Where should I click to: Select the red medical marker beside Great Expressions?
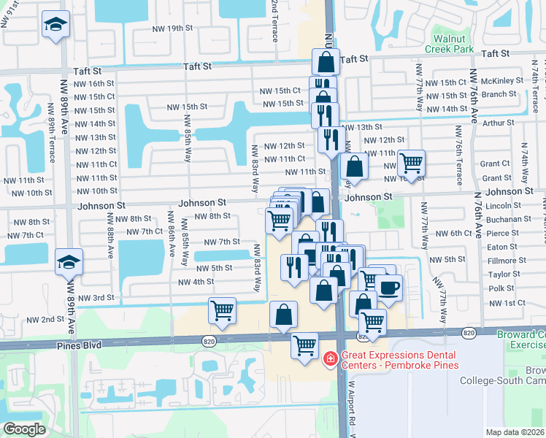[330, 358]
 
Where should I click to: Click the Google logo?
[24, 429]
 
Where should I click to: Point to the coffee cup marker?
[388, 287]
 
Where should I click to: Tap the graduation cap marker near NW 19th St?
[55, 24]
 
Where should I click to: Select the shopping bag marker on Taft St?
[326, 62]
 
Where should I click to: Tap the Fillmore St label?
[507, 261]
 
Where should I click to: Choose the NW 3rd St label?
[97, 298]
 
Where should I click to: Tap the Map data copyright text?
[515, 432]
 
